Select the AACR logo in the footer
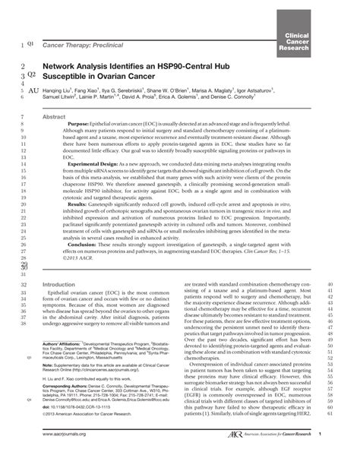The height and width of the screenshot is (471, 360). pos(261,455)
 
